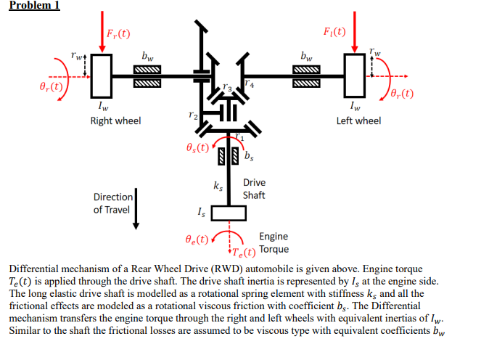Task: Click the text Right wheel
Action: pos(115,120)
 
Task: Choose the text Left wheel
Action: pos(358,120)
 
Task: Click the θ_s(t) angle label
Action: pos(196,148)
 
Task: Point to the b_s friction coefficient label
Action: pos(249,155)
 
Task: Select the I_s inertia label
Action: pos(202,212)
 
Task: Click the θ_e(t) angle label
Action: pos(196,239)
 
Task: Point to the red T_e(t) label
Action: pos(243,253)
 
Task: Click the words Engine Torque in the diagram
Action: pos(275,243)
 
